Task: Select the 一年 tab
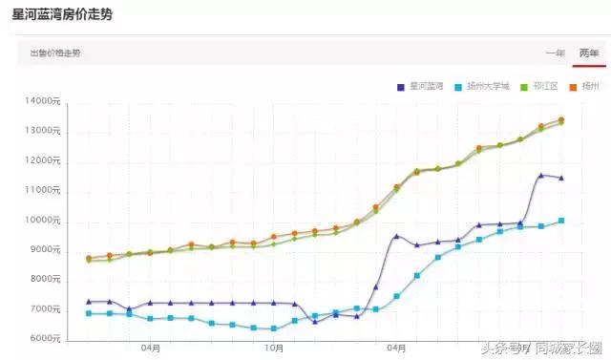[554, 53]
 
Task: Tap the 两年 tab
[588, 53]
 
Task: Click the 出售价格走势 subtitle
[55, 53]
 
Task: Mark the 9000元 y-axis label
[46, 250]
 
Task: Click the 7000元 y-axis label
[46, 309]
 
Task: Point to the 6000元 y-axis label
[46, 339]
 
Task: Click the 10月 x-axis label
[274, 349]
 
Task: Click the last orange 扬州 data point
[561, 120]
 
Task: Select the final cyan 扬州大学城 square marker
[561, 221]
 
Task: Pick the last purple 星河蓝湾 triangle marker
[561, 178]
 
